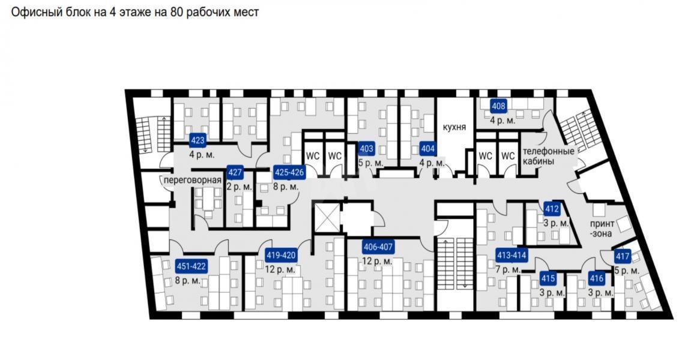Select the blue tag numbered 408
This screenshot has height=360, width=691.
coord(498,107)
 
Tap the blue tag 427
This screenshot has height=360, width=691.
coord(235,173)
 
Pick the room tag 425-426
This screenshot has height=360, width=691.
coord(289,173)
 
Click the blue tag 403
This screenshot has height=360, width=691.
coord(366,149)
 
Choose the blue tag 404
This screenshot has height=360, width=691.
coord(427,149)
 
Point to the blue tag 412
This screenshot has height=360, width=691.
coord(552,209)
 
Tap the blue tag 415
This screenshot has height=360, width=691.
coord(548,278)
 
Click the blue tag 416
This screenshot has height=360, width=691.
coord(596,278)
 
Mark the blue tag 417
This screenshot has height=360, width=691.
coord(623,256)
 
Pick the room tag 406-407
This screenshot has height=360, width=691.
coord(378,247)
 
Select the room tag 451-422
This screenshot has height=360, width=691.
coord(192,266)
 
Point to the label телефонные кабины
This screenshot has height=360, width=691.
coord(548,156)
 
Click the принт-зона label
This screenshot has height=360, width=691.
coord(600,229)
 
